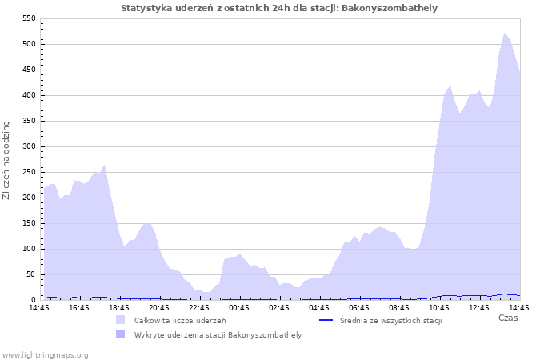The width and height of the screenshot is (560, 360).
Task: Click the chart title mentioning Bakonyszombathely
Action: [279, 8]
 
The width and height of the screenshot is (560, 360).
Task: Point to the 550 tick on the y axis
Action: [28, 18]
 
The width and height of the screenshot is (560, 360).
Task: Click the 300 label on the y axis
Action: [28, 146]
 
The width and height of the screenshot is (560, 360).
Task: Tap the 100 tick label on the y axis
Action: [28, 249]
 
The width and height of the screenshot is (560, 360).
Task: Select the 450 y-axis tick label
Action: [28, 70]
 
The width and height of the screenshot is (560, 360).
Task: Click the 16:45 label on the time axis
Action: [79, 307]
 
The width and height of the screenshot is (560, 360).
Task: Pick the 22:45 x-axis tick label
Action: [199, 307]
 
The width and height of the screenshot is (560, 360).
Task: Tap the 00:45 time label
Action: [239, 307]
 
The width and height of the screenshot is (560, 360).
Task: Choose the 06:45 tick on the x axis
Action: [359, 307]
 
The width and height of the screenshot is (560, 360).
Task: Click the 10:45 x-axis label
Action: [439, 307]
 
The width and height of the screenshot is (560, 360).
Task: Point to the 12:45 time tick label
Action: [479, 307]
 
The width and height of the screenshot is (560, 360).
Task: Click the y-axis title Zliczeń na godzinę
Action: [7, 160]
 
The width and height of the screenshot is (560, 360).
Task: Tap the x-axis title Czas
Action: [507, 318]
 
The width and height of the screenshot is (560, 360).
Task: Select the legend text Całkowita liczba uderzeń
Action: [180, 320]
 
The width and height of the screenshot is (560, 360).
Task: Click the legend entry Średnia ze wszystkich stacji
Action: [390, 320]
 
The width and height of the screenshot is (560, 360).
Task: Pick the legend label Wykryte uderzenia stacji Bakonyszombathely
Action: [218, 334]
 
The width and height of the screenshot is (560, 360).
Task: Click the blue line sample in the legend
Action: [326, 320]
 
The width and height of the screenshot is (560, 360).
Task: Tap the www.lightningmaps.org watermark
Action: [45, 354]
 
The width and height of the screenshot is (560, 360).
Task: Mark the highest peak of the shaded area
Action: [505, 34]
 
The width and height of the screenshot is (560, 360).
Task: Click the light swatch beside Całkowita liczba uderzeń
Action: [121, 320]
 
